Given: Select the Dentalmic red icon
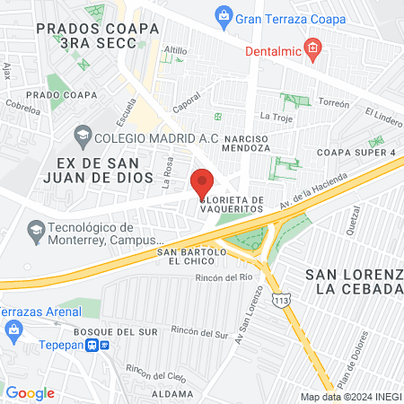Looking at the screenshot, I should [x=312, y=48].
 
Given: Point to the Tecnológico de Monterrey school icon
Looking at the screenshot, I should [x=35, y=231].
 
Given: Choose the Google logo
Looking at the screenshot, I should [x=31, y=392].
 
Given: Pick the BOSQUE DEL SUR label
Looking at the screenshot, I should [x=103, y=332].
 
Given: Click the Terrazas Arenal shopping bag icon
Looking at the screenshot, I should [x=14, y=330].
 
